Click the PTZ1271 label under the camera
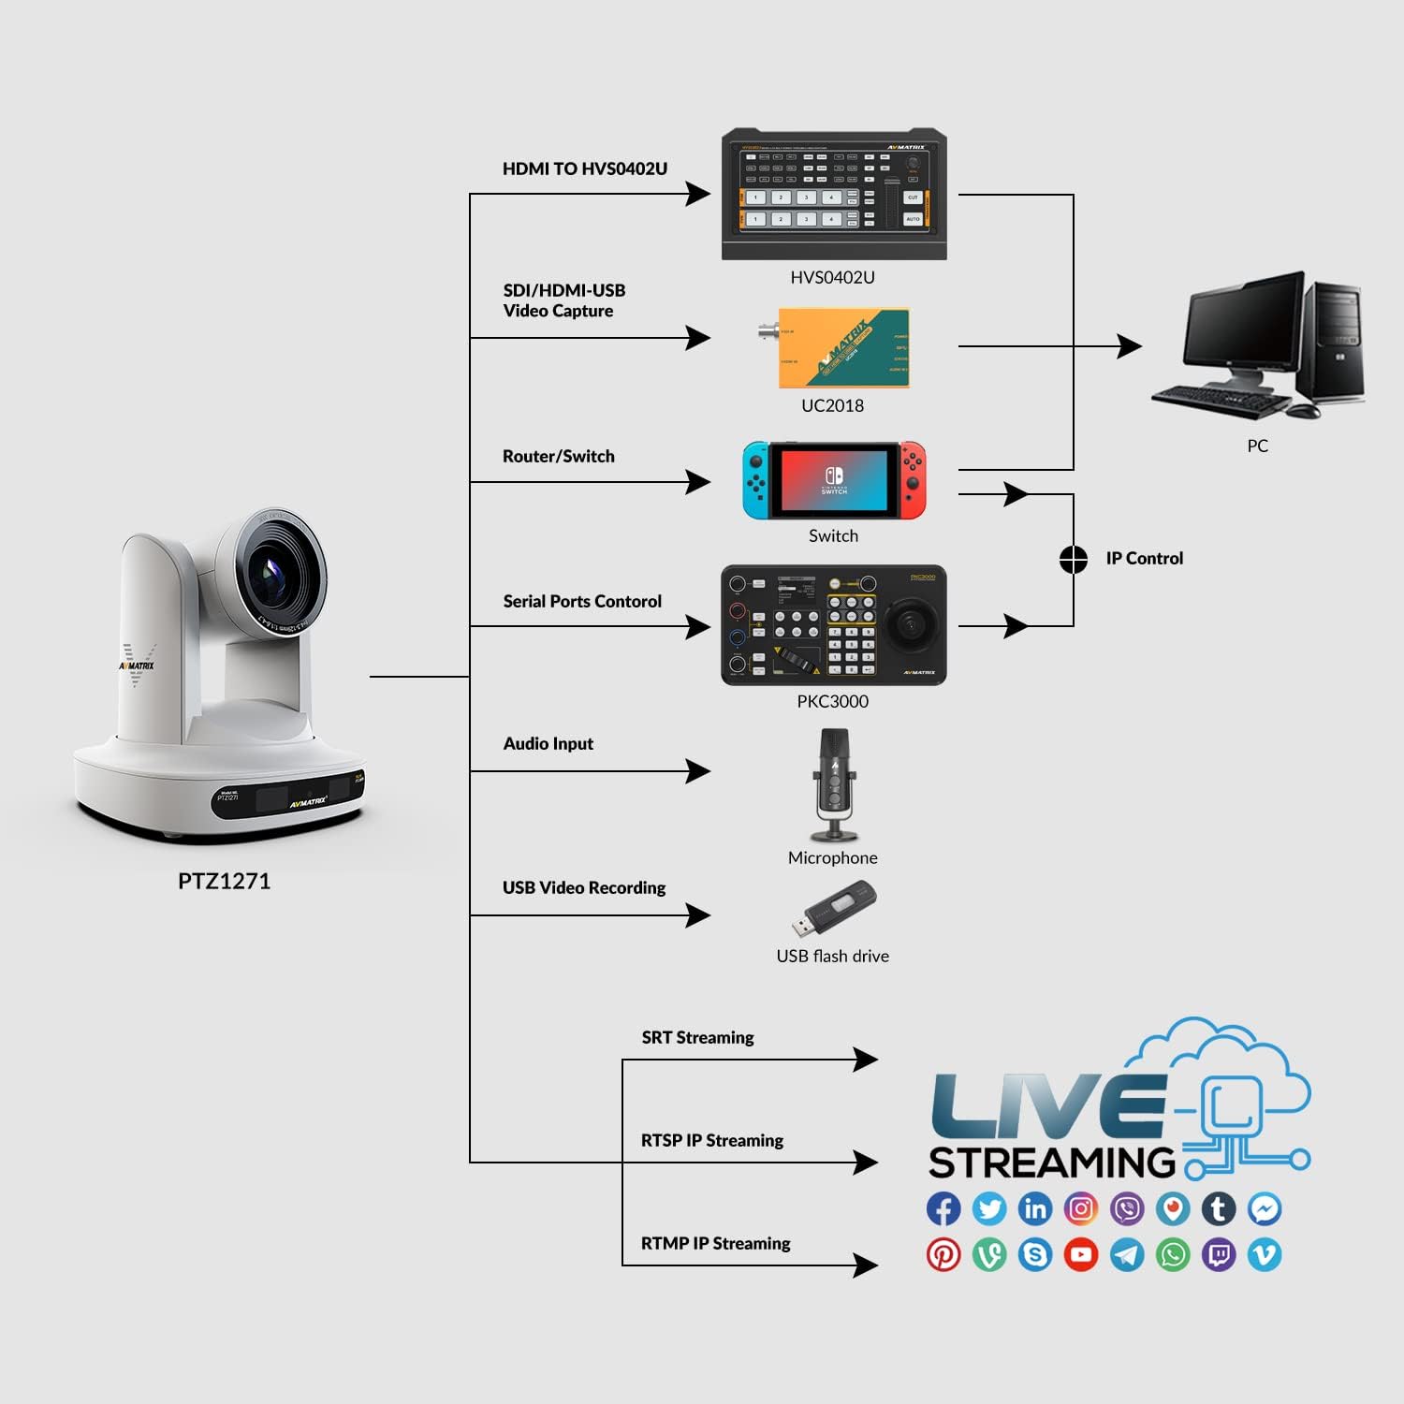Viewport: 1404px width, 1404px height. coord(224,881)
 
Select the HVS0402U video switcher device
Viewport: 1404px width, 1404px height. coord(833,195)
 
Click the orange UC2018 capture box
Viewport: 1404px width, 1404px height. coord(842,347)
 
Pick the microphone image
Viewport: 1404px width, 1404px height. coord(833,784)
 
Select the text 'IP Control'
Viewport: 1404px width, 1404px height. coord(1144,559)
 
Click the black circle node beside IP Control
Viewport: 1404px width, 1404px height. coord(1073,560)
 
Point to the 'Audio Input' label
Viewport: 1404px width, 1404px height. coord(548,744)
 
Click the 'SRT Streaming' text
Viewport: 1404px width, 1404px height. coord(697,1037)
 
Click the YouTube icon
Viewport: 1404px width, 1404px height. coord(1081,1254)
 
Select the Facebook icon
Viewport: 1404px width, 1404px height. coord(943,1208)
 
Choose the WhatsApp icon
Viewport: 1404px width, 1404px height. coord(1173,1254)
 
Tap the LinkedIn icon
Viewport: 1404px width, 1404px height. coord(1035,1208)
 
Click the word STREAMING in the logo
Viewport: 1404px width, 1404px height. coord(1051,1163)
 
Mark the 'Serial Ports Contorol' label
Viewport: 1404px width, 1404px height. coord(582,601)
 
